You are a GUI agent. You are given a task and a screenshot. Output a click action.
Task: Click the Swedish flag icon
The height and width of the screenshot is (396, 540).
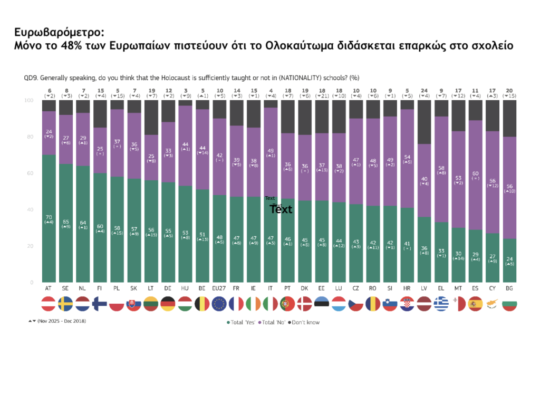point(65,304)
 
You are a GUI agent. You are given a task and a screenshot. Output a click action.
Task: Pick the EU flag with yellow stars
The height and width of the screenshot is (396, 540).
point(219,304)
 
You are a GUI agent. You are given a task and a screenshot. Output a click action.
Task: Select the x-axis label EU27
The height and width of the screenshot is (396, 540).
point(219,288)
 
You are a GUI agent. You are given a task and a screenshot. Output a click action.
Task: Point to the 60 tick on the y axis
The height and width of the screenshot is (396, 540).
point(30,173)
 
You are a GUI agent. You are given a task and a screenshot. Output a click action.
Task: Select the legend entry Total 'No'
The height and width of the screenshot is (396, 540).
point(275,322)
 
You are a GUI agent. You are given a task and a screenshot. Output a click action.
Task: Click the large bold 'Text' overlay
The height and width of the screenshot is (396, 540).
point(281,209)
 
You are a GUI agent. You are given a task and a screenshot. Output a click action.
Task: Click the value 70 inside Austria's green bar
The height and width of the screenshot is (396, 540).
point(49,217)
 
